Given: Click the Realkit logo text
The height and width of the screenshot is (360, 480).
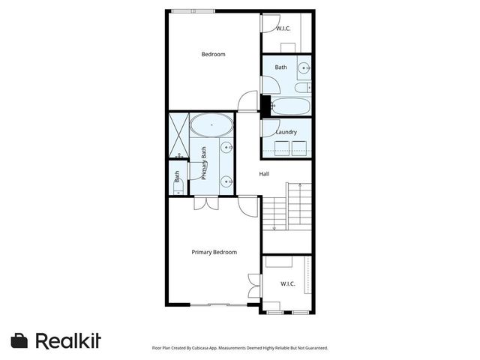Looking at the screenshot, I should (68, 340).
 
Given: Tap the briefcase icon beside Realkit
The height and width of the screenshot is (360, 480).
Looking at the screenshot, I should (20, 340).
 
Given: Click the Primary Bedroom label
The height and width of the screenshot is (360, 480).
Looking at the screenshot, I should (214, 252).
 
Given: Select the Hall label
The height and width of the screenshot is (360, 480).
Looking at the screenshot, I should (264, 174).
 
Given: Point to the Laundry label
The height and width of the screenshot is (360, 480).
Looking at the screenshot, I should (286, 133).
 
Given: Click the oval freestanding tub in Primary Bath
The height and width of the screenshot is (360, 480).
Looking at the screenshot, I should (211, 124).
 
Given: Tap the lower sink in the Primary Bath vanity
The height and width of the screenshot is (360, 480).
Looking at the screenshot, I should (226, 180).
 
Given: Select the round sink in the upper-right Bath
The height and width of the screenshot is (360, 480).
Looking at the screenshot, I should (304, 69).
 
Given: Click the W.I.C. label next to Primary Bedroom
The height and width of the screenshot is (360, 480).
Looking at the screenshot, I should (287, 283).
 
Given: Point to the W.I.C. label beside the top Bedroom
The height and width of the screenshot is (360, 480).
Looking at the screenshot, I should (283, 28).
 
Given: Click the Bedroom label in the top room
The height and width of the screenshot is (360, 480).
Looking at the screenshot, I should (214, 54).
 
